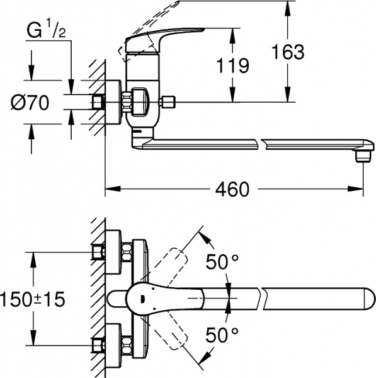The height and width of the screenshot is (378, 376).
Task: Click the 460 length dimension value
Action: [232, 188]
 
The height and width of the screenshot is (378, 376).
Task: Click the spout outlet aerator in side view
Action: [362, 155]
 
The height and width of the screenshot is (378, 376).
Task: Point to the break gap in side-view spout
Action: [262, 144]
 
